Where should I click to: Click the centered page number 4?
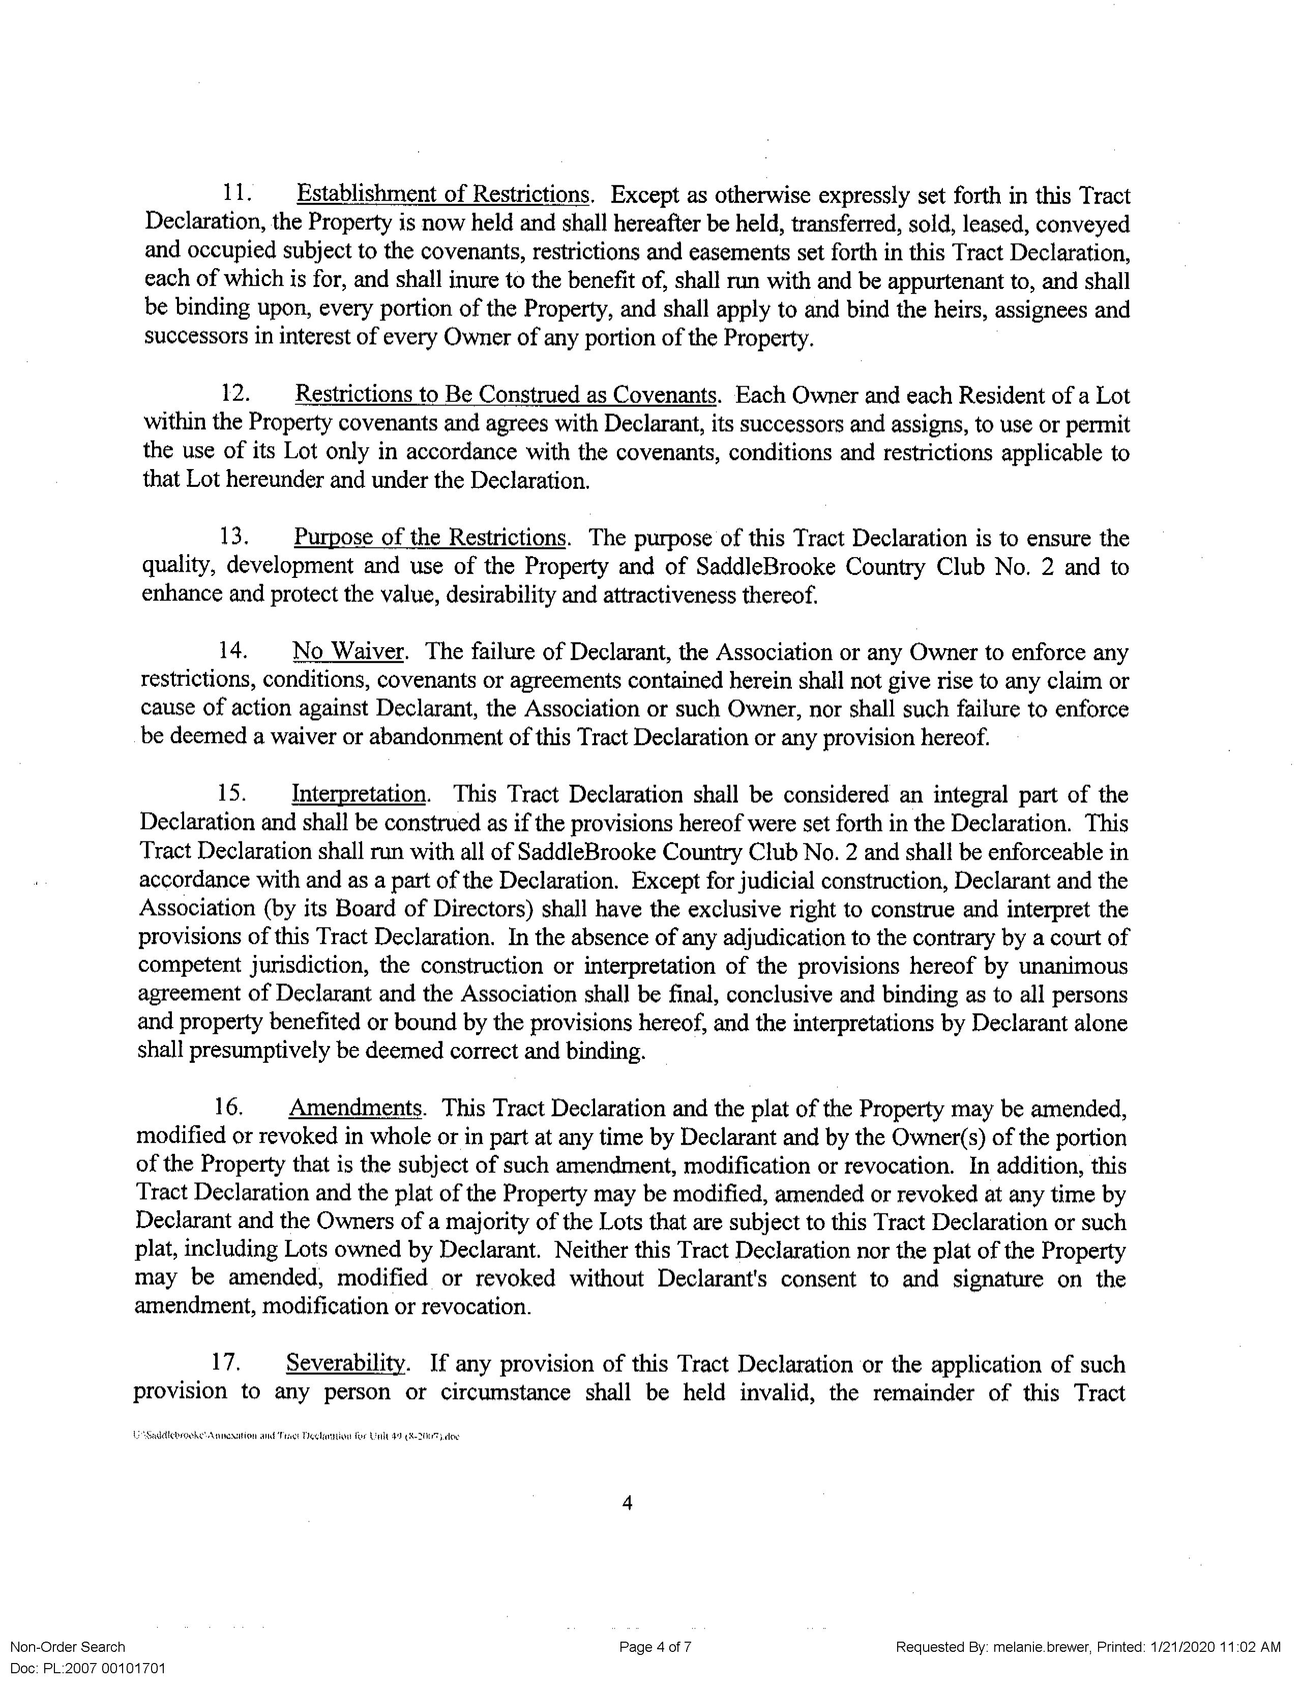tap(628, 1523)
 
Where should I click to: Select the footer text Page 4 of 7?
tap(655, 1647)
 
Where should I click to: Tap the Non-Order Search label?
tap(67, 1647)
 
